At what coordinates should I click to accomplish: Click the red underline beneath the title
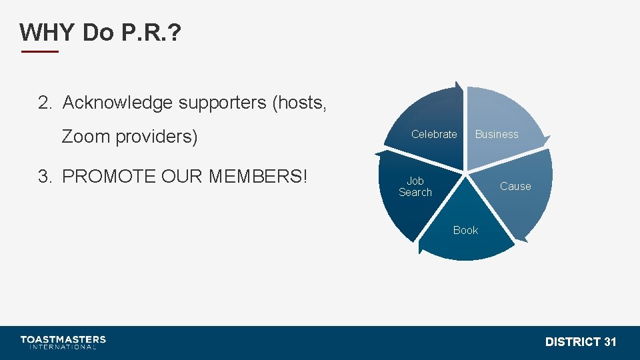(x=40, y=51)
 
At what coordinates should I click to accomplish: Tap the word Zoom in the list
(x=86, y=137)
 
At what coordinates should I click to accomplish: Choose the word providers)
(x=157, y=137)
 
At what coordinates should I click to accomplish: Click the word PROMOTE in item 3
(x=107, y=177)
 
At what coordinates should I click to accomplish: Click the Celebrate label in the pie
(x=434, y=135)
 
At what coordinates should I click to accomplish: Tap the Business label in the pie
(x=497, y=135)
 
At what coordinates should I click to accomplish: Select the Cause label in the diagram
(x=515, y=187)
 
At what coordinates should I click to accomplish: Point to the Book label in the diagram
(x=465, y=231)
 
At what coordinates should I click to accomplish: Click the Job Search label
(x=415, y=187)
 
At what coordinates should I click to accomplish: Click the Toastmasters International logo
(x=63, y=342)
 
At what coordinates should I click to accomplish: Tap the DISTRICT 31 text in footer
(x=581, y=342)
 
